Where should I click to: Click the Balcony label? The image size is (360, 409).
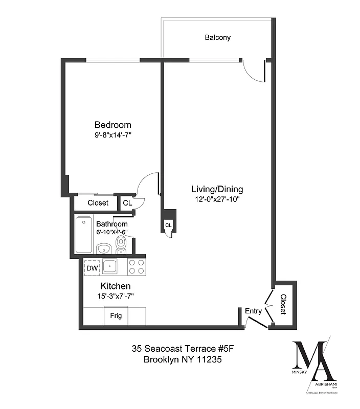coord(218,37)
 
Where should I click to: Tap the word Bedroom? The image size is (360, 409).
coord(112,125)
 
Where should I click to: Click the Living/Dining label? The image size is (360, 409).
coord(217,189)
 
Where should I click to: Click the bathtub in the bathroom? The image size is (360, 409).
coord(84,235)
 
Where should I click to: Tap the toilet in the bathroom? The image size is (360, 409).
coord(121,246)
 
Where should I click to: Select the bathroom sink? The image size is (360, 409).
coord(104,249)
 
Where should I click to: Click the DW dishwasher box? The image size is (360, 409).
coord(92,268)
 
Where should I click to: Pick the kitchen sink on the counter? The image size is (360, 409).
coord(110,266)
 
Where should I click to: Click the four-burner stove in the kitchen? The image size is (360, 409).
coord(136,267)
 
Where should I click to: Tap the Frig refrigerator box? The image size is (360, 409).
coord(116,316)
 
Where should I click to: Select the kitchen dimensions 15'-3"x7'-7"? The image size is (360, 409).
coord(116,296)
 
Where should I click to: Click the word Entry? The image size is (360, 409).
coord(253,311)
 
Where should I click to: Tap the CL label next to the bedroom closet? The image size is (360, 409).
coord(127,203)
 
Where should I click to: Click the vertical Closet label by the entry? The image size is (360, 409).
coord(283,304)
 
